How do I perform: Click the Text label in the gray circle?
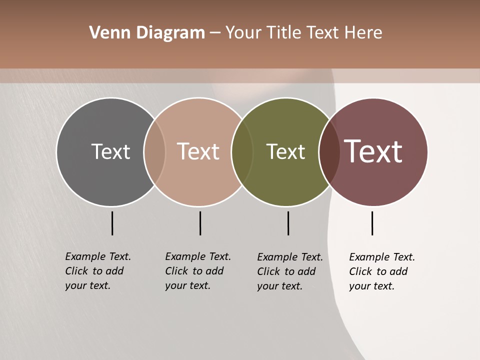pos(110,151)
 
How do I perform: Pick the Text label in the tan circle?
pos(198,151)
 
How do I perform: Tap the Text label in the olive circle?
pos(285,151)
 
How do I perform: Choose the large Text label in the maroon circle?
pos(373,151)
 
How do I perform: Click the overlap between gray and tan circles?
pos(154,151)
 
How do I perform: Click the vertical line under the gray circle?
pos(112,223)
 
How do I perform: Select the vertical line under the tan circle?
pos(200,223)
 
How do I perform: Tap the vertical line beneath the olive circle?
pos(288,223)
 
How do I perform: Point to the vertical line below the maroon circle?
pos(372,223)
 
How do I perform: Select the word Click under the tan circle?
pos(176,271)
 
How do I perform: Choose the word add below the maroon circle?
pos(399,271)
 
